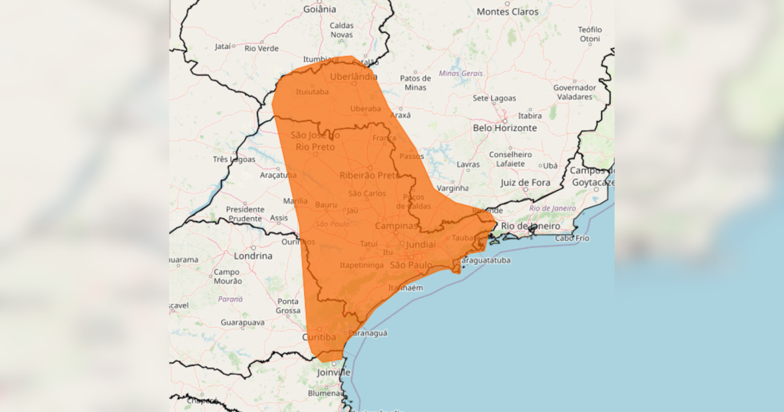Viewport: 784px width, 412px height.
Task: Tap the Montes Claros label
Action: coord(508,12)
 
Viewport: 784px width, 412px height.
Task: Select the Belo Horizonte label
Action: coord(505,128)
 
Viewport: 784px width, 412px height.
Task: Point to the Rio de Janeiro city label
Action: coord(531,226)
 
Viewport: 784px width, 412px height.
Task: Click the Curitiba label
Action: coord(319,337)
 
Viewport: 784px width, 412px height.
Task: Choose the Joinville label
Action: coord(334,372)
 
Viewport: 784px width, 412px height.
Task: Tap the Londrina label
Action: coord(253,256)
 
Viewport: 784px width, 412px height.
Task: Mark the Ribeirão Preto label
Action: coord(369,175)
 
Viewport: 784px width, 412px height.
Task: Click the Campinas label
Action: coord(396,226)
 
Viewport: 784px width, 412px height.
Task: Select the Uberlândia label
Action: coord(353,77)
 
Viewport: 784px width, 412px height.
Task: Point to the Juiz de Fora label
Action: coord(525,183)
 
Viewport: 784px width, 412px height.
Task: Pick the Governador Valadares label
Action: coord(574,92)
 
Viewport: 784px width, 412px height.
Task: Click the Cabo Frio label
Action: coord(572,238)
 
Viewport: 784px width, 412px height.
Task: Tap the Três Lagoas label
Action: coord(233,159)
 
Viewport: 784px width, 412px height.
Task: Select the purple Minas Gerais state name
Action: coord(461,73)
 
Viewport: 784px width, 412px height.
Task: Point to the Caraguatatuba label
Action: coord(483,260)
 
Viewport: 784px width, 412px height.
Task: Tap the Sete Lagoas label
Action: coord(494,99)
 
